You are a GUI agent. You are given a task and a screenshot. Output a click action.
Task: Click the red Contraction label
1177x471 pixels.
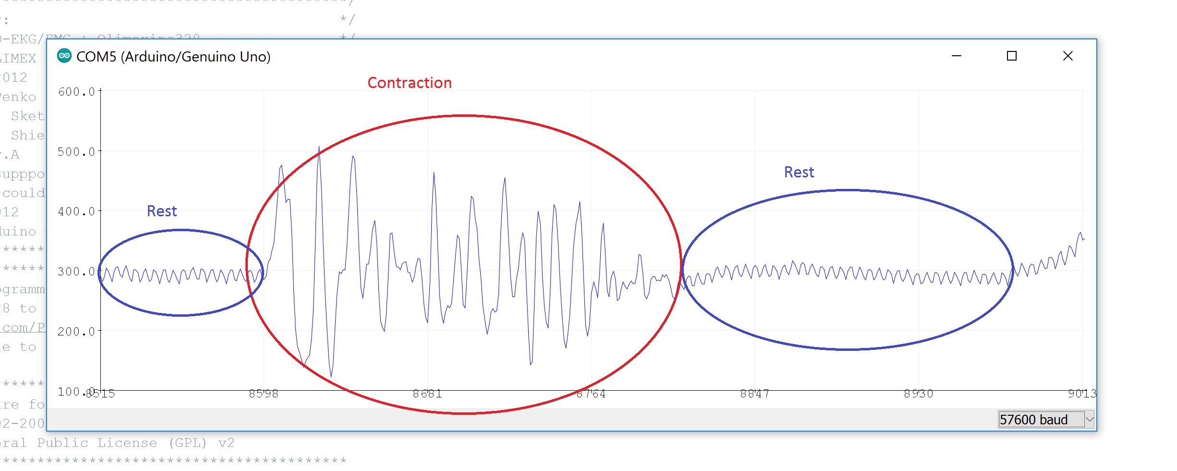pos(409,83)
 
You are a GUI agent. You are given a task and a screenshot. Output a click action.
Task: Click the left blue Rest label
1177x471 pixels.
pos(162,211)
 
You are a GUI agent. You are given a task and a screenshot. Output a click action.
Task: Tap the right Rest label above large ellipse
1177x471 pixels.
pos(799,172)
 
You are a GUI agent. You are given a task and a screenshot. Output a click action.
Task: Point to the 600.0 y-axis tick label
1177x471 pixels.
pos(76,92)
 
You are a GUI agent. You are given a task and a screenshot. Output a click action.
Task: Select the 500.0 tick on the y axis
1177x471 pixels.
pos(76,152)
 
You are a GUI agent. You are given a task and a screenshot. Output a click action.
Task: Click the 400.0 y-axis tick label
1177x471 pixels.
pos(76,211)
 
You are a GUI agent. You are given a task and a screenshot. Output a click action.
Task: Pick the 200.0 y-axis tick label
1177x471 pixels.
pos(76,332)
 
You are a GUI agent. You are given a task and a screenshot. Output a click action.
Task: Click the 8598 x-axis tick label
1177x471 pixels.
pos(263,394)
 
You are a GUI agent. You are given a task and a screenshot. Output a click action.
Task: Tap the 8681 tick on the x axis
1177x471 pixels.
pos(427,394)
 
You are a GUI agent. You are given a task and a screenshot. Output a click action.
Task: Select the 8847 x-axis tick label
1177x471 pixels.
pos(754,394)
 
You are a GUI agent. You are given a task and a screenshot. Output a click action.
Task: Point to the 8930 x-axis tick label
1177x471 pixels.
pos(918,394)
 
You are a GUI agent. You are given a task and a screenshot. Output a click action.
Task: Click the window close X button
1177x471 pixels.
pos(1068,56)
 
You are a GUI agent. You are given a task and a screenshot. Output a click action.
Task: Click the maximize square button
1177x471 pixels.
pos(1011,56)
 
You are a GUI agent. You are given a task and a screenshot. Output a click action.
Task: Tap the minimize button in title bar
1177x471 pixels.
pos(956,56)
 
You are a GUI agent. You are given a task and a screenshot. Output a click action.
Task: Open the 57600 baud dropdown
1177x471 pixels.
pos(1089,419)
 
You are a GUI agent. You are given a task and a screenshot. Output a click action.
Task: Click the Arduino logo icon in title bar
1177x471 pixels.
pos(64,56)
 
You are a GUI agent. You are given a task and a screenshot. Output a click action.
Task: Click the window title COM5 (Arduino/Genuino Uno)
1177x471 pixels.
pos(173,57)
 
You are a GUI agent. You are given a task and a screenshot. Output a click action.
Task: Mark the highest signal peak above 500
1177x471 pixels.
pos(319,148)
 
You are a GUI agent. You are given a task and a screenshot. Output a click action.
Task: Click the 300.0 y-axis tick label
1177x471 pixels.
pos(76,272)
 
